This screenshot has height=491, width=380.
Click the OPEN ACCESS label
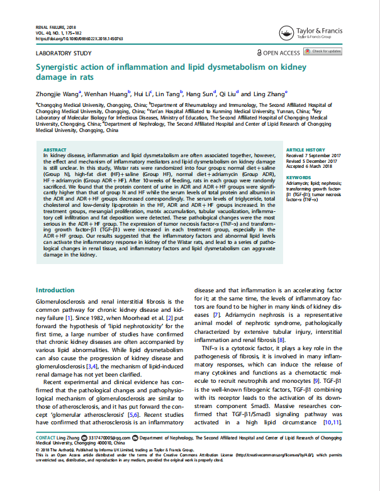277,53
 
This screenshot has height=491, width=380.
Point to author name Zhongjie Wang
55,93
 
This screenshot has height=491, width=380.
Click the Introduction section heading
55,290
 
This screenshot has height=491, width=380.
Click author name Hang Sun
201,93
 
